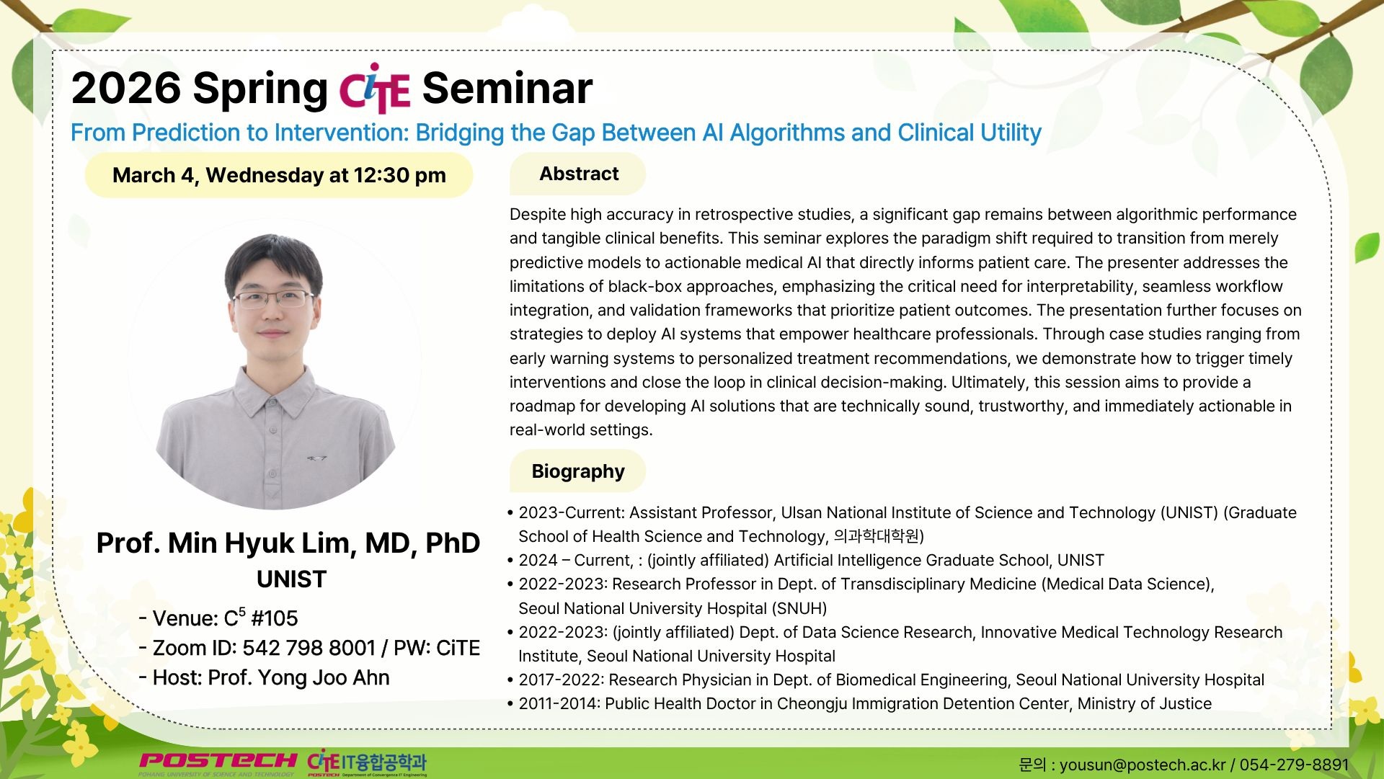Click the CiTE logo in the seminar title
374,89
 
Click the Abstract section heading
579,174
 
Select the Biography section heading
578,471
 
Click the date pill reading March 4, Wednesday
279,175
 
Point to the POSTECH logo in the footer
218,762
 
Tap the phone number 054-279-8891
1294,765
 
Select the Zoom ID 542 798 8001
309,648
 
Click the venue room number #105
274,618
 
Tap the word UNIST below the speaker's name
292,579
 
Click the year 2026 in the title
126,88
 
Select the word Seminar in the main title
507,88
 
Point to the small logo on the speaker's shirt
316,458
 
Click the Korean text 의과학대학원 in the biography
877,536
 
